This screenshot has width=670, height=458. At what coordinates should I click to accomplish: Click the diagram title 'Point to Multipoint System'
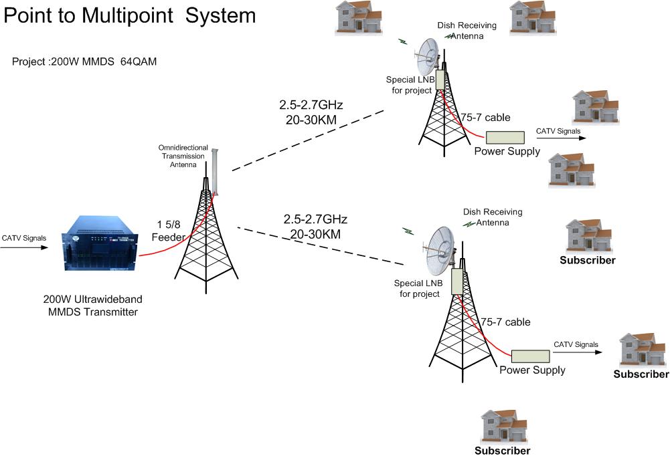(129, 16)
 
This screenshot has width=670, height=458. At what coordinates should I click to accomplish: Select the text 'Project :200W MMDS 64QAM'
(84, 62)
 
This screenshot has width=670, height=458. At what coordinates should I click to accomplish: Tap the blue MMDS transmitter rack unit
(100, 244)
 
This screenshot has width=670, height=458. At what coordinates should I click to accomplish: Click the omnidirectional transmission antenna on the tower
(215, 173)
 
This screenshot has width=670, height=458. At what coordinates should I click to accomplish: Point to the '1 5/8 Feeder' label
(169, 231)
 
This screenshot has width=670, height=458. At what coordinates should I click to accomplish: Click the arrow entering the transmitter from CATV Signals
(24, 247)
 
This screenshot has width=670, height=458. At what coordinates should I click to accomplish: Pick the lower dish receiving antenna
(440, 251)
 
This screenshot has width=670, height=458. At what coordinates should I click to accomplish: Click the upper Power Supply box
(505, 138)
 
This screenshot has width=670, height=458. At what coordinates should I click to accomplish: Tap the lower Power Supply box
(530, 356)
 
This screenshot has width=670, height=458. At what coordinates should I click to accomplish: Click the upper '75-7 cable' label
(485, 118)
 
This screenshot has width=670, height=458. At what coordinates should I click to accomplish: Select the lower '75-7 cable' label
(505, 322)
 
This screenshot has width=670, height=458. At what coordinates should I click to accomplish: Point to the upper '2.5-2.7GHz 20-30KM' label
(311, 112)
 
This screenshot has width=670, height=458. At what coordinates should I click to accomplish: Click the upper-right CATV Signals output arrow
(561, 138)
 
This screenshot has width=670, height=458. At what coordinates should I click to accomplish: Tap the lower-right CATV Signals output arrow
(578, 352)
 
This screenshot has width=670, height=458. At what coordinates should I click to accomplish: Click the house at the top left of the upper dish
(359, 17)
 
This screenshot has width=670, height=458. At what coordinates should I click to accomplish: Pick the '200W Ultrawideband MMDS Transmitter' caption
(93, 306)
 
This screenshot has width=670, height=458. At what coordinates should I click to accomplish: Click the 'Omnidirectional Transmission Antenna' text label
(183, 156)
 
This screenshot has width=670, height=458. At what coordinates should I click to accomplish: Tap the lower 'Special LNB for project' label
(418, 289)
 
